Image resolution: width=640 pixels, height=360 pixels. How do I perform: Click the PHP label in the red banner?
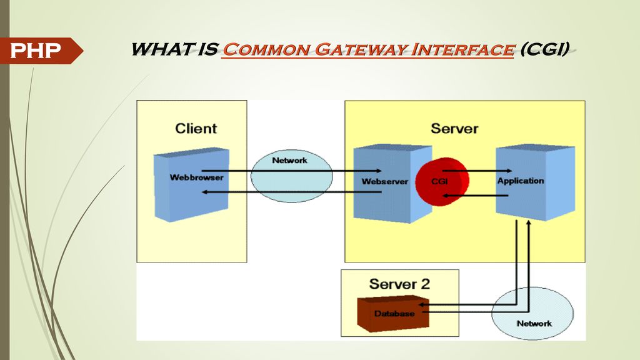pos(35,51)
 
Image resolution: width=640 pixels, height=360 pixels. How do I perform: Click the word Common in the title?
pos(266,49)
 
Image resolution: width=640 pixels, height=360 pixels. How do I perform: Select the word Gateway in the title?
pos(361,49)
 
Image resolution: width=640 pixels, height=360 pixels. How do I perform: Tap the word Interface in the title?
pos(462,49)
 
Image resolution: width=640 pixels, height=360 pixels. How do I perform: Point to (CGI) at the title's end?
pos(544,49)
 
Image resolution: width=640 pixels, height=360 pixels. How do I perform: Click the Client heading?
pos(196,129)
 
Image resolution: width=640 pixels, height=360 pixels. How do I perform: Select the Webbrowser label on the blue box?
pos(196,177)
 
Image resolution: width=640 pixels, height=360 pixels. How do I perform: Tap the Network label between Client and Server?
pos(290,161)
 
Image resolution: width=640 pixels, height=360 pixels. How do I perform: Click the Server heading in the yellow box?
pos(454,129)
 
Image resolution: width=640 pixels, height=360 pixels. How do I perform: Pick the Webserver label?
pos(384,182)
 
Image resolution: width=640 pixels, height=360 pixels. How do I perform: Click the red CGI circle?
pos(442,182)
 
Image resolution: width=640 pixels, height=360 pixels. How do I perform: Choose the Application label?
pos(521,181)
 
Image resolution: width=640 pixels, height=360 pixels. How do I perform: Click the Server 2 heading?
pos(399,284)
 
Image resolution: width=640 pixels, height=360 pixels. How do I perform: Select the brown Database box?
pos(393,314)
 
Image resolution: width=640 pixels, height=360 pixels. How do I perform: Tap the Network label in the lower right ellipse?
pos(534,324)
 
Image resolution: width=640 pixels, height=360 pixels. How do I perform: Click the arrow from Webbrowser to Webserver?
pos(292,171)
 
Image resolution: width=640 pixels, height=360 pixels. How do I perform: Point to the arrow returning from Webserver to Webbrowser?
pos(292,192)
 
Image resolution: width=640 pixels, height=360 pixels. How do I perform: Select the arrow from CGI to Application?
pos(477,171)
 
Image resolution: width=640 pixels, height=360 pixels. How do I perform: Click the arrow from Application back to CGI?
pos(476,196)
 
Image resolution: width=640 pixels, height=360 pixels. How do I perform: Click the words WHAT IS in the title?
pos(175,49)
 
